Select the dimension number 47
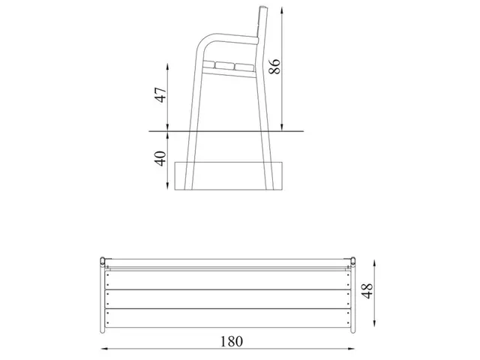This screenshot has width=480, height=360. (158, 97)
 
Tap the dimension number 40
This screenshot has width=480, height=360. (158, 160)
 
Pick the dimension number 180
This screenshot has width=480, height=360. (232, 340)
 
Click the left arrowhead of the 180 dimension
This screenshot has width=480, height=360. (103, 348)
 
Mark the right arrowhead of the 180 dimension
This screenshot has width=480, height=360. (353, 348)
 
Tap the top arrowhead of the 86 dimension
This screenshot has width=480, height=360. (282, 8)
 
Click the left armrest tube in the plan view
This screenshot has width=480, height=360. (103, 296)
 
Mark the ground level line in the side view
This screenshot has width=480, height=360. (225, 132)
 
